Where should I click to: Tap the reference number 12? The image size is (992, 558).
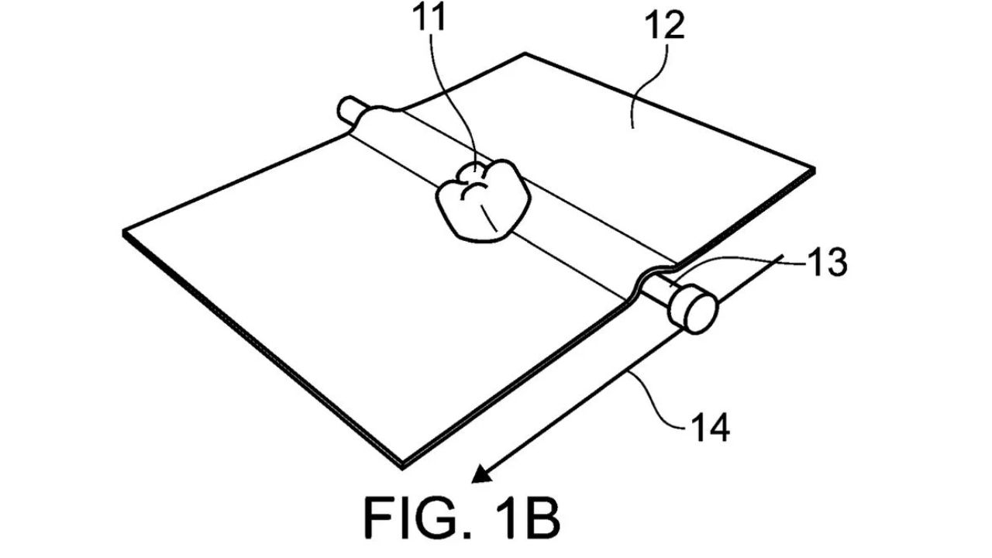[664, 26]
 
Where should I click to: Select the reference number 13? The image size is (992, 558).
[828, 263]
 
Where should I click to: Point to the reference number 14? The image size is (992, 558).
[710, 427]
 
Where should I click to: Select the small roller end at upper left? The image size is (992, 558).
[350, 109]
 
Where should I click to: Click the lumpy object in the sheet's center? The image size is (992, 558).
[484, 201]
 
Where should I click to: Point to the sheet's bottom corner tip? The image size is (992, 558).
[402, 467]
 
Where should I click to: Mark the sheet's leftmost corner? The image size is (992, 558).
[124, 232]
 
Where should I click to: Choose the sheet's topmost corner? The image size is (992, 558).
[525, 53]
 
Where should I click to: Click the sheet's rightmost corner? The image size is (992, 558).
[814, 170]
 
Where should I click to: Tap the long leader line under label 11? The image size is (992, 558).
[460, 102]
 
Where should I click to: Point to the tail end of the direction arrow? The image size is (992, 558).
[783, 255]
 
